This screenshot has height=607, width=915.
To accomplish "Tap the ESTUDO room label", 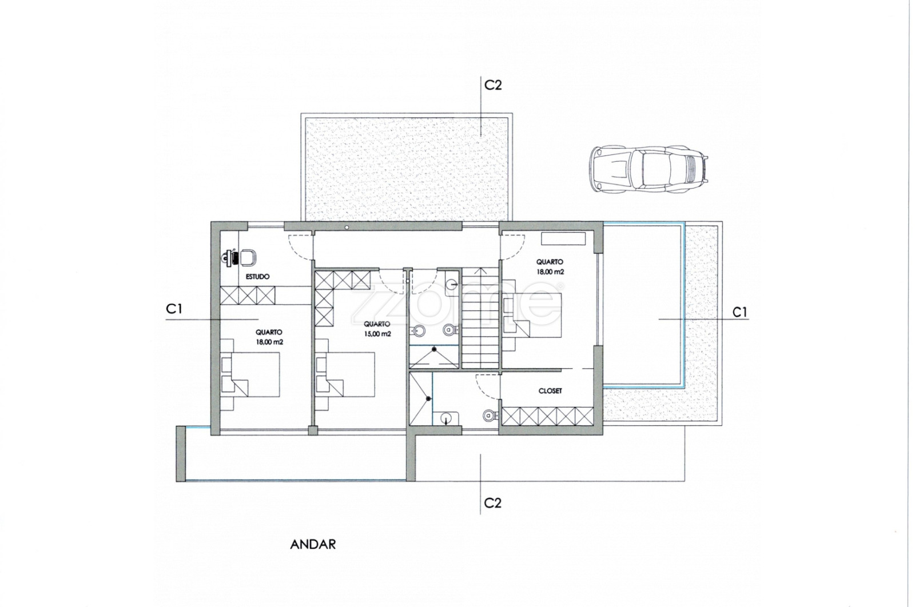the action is (x=257, y=277).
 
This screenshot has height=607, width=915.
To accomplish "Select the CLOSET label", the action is (x=550, y=390).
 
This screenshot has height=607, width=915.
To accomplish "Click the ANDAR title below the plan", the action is (x=313, y=545).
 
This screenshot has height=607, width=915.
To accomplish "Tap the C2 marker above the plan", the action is (x=492, y=85).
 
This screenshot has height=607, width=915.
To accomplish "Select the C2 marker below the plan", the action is (x=492, y=503).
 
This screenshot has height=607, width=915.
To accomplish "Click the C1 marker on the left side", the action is (x=174, y=309).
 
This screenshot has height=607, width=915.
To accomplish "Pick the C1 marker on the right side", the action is (x=740, y=312).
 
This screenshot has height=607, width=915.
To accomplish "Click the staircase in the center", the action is (x=480, y=318).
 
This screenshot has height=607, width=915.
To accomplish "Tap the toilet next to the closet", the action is (x=490, y=416).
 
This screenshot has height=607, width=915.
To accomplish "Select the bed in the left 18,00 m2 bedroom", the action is (x=250, y=375).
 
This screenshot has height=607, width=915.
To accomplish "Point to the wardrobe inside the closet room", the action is (x=547, y=416).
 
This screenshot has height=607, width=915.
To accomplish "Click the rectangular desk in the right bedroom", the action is (x=564, y=239).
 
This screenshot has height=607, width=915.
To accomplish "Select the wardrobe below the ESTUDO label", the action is (x=248, y=295).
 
